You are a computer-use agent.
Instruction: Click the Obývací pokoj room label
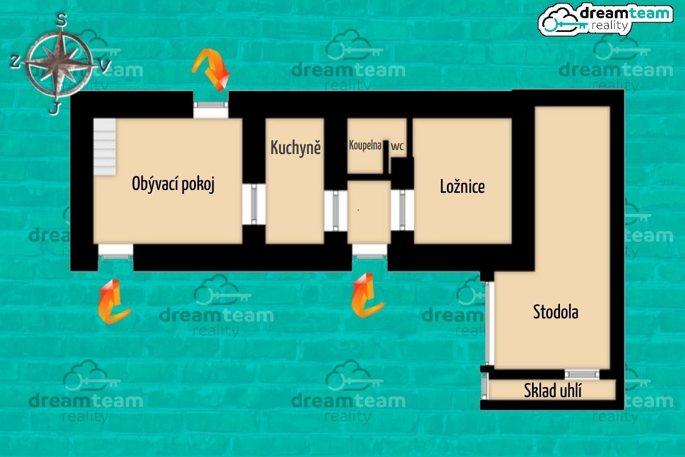[x=173, y=184]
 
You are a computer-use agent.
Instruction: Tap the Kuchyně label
[x=296, y=147]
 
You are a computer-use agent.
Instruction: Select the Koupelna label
[x=365, y=145]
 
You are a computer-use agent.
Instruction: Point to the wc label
[x=397, y=146]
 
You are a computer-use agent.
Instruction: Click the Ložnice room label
[x=462, y=187]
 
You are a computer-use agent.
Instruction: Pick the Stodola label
[x=555, y=312]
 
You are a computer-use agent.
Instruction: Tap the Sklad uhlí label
[x=553, y=390]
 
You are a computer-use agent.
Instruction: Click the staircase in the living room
[x=104, y=147]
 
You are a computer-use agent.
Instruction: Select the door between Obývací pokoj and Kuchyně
[x=254, y=204]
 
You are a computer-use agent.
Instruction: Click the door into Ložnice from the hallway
[x=402, y=210]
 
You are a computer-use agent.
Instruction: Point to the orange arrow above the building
[x=211, y=70]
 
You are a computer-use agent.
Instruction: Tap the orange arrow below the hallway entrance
[x=366, y=296]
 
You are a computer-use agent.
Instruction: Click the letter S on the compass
[x=62, y=20]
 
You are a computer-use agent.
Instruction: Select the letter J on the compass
[x=54, y=108]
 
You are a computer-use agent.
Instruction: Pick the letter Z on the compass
[x=15, y=61]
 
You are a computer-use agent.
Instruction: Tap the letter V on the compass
[x=104, y=66]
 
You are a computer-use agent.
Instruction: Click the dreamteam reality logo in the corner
[x=606, y=19]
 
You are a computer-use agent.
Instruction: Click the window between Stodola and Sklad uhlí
[x=582, y=374]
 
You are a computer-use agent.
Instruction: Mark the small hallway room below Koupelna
[x=369, y=212]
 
